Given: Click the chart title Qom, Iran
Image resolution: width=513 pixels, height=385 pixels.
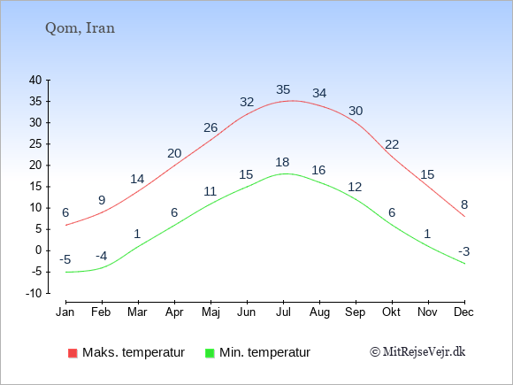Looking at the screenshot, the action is coord(80,28).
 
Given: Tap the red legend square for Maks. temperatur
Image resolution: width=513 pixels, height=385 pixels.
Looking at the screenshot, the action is coord(73,353).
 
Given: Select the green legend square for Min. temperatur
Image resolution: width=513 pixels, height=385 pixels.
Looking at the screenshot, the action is coord(210,353).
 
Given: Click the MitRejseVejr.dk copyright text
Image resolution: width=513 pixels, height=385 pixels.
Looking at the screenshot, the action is coord(417,351).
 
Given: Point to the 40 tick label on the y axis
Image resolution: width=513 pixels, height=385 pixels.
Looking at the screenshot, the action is coord(35,80).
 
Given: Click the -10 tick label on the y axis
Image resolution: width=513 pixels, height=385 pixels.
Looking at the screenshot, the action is coord(34,293).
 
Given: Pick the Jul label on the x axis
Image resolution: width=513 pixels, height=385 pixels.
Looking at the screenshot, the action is coord(283,312).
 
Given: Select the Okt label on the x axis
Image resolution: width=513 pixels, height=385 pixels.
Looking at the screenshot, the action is coord(391,312).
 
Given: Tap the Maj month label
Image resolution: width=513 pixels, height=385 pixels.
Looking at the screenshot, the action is coord(211,312).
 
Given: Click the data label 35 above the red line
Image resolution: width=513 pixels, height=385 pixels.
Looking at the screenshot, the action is coord(283,89).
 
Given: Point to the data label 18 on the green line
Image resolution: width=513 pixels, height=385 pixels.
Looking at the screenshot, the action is coord(282,162).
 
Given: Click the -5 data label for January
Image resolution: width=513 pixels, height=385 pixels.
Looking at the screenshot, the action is coord(65,260).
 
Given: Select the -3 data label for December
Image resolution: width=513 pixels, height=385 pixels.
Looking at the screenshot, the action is coord(464,251).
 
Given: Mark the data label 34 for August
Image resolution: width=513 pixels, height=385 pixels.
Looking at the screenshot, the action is coord(319,93).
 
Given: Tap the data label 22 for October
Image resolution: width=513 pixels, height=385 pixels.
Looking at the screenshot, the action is coord(392,144).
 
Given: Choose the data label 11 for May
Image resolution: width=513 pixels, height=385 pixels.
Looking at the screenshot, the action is coord(210,191).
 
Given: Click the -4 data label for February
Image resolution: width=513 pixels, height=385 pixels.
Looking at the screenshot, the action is coord(102,256).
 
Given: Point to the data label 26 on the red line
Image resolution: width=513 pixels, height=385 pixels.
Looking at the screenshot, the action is coord(211,127).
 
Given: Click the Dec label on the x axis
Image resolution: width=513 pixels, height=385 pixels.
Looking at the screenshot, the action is coord(463,312).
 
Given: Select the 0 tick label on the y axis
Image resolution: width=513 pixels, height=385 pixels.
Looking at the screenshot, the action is coord(39,250).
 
